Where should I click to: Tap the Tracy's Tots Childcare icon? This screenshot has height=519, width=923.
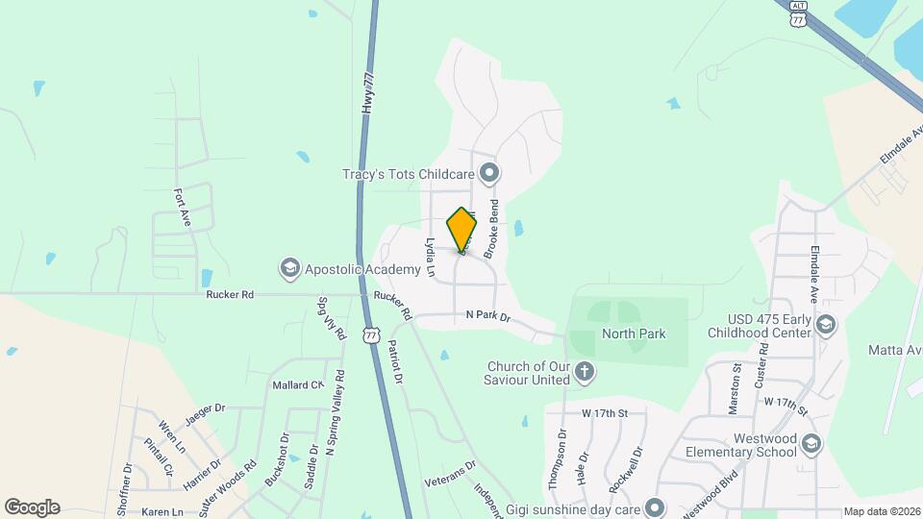490,174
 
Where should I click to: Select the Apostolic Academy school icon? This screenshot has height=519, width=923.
289,267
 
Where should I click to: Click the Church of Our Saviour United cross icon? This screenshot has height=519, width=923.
584,371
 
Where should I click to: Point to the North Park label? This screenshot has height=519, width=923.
634,334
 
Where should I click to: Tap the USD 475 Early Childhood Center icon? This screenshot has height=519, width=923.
824,326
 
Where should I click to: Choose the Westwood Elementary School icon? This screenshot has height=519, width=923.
811,443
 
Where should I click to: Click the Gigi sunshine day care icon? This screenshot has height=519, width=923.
656,507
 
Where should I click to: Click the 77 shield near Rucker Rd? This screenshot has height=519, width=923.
372,334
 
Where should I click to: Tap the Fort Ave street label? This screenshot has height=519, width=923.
183,206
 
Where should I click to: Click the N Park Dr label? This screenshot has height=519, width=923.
487,315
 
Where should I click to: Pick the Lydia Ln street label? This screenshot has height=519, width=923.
430,259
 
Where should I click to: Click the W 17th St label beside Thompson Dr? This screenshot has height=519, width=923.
604,413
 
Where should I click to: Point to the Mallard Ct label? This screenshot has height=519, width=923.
298,384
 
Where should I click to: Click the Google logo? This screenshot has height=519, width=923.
32,507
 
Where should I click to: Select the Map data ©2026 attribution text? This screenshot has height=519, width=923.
881,511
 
